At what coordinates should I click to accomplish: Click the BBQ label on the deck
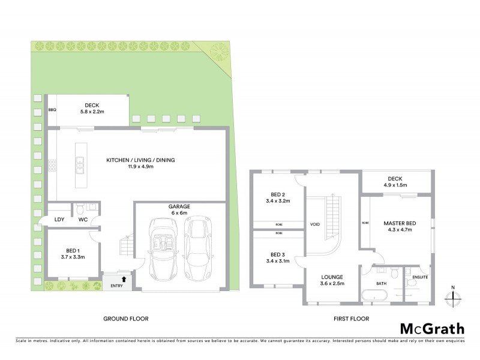(x=52, y=110)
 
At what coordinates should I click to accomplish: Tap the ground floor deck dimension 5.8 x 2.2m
(x=92, y=112)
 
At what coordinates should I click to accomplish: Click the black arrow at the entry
(x=124, y=279)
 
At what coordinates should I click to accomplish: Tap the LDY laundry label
(x=59, y=220)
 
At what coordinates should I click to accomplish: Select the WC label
(x=83, y=220)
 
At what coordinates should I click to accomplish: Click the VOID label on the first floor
(x=315, y=225)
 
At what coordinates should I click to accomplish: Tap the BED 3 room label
(x=277, y=254)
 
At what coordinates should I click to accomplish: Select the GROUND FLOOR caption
(x=126, y=319)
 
